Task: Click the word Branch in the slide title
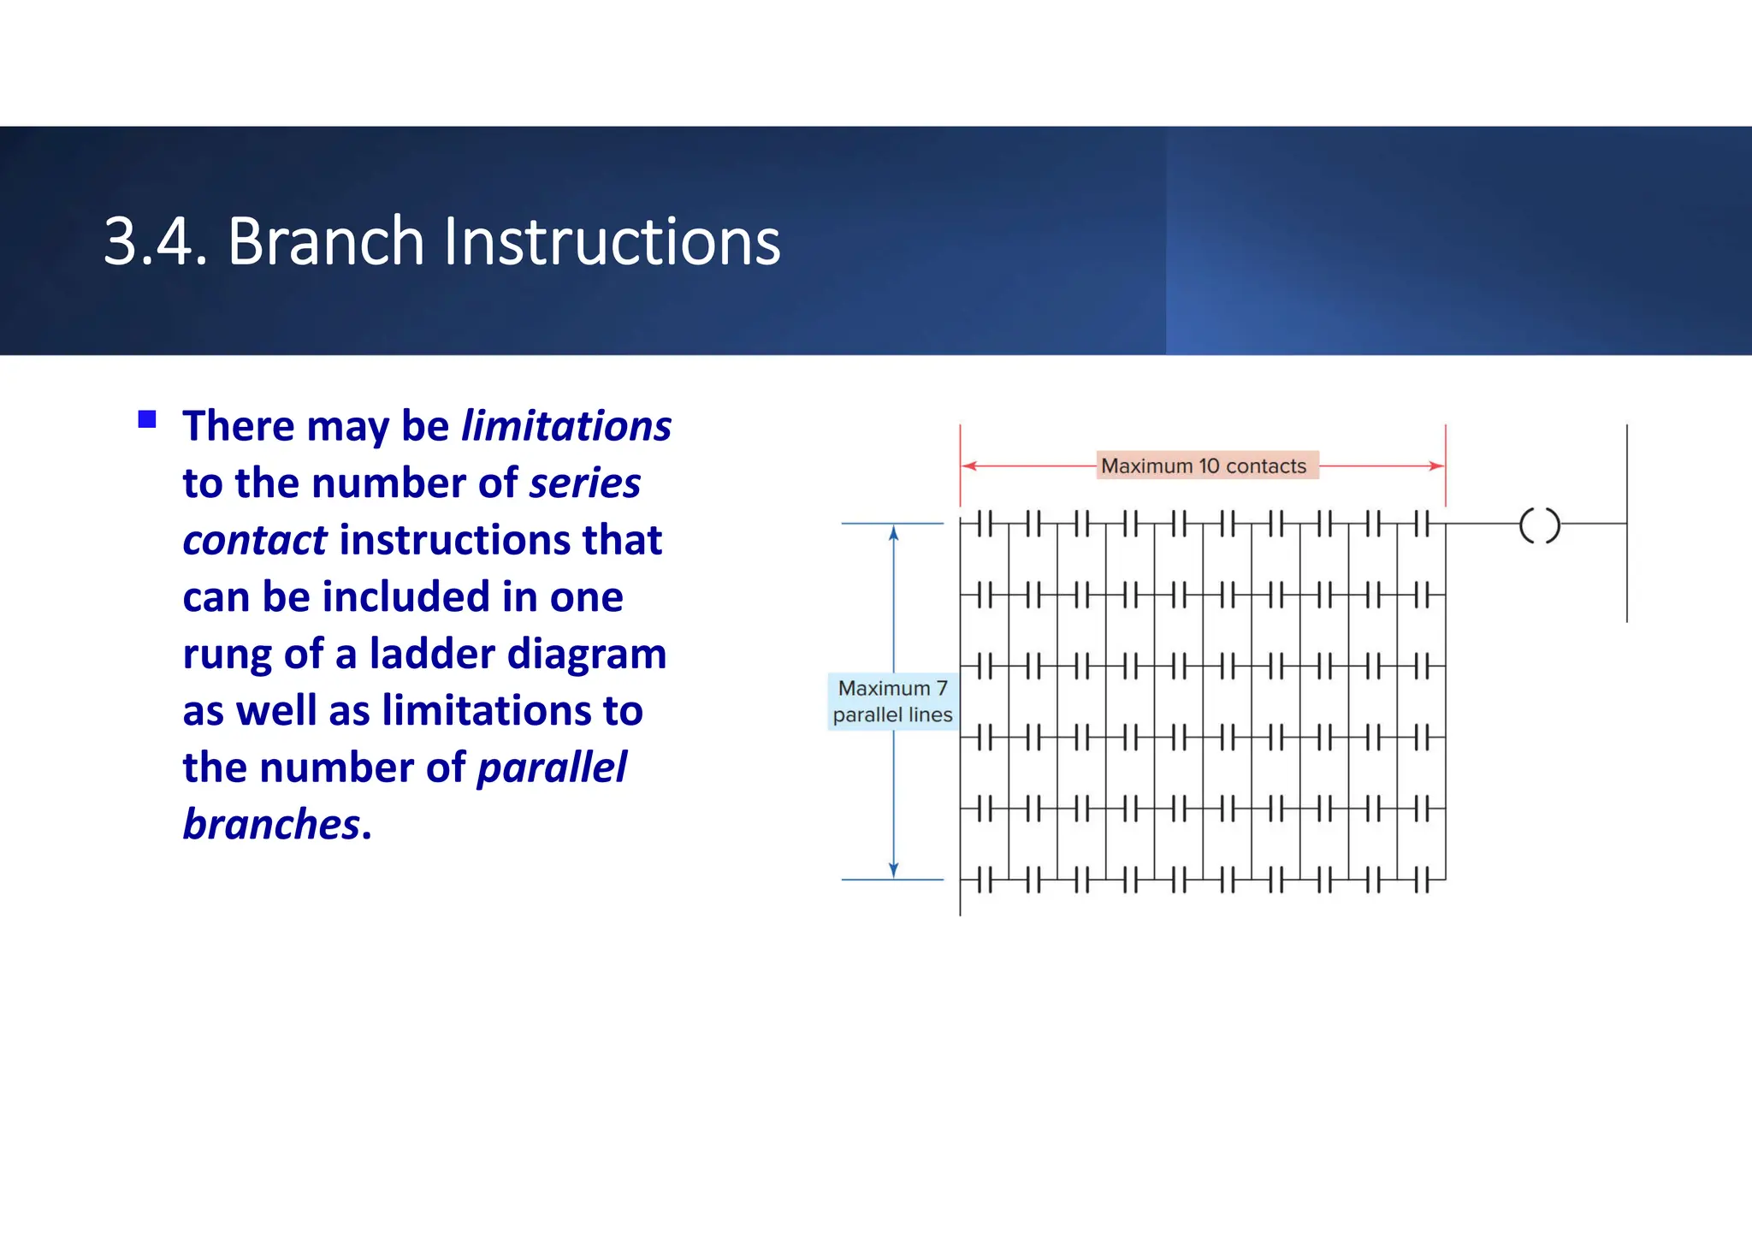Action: click(325, 242)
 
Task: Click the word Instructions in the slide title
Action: click(611, 242)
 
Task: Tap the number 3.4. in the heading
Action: click(155, 242)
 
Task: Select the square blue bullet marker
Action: click(147, 419)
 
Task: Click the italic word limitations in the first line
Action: click(565, 426)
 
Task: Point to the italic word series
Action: click(584, 483)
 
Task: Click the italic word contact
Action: click(254, 541)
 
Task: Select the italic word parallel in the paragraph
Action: click(552, 768)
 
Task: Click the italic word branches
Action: click(271, 825)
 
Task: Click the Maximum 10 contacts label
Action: click(1204, 466)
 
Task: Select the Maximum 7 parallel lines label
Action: click(892, 702)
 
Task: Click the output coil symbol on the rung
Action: click(1539, 525)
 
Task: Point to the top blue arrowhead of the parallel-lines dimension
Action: click(894, 534)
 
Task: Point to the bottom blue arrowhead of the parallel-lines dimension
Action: click(894, 870)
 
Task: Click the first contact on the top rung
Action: click(985, 524)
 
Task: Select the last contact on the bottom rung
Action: click(1422, 880)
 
